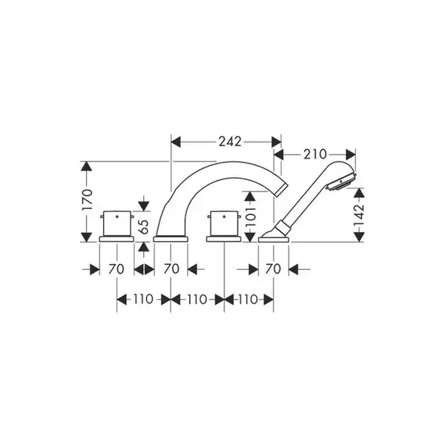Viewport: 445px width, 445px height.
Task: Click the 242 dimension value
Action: (x=230, y=142)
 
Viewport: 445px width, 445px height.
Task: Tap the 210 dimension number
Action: (x=315, y=155)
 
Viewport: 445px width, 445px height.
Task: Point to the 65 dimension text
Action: (x=145, y=227)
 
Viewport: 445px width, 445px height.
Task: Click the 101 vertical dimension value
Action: (x=251, y=216)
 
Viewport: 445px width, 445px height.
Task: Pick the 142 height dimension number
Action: (x=359, y=215)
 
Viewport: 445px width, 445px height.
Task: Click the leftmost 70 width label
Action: (x=116, y=269)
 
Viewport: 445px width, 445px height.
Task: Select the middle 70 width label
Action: (x=171, y=269)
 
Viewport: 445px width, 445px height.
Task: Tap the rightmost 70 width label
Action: (x=273, y=269)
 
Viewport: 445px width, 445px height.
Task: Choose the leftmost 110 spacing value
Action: (x=143, y=300)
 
